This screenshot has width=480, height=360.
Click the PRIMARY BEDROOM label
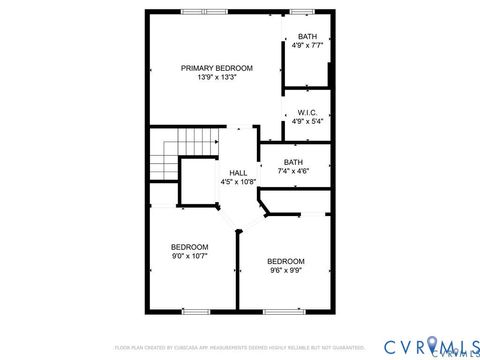pyautogui.click(x=216, y=68)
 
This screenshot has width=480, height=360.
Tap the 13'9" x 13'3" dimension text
pyautogui.click(x=216, y=78)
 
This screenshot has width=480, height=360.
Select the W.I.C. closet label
pyautogui.click(x=307, y=112)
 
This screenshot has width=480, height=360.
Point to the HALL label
pyautogui.click(x=238, y=173)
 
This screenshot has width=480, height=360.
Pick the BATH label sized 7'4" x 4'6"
pyautogui.click(x=293, y=162)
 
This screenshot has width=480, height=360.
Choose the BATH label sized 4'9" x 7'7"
pyautogui.click(x=307, y=36)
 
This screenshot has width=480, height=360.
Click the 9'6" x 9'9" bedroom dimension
pyautogui.click(x=285, y=270)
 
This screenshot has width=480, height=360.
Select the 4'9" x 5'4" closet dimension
pyautogui.click(x=307, y=122)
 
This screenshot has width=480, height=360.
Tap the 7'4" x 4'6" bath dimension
pyautogui.click(x=293, y=172)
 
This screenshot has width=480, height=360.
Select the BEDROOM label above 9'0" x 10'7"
pyautogui.click(x=189, y=247)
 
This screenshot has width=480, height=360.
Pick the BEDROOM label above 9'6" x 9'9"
pyautogui.click(x=285, y=260)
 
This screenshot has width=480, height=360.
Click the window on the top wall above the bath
pyautogui.click(x=301, y=11)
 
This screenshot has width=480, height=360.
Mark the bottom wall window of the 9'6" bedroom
pyautogui.click(x=278, y=311)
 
